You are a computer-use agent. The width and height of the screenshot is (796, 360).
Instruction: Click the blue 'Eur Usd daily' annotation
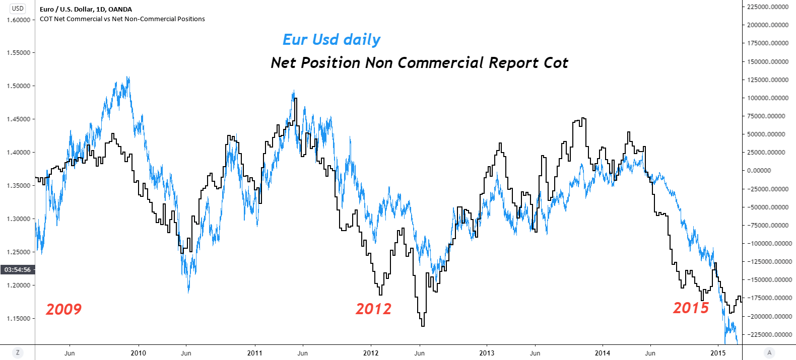pos(331,40)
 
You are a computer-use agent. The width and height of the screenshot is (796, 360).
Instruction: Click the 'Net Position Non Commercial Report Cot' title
pos(419,63)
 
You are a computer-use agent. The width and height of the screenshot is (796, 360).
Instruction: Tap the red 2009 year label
pos(63,309)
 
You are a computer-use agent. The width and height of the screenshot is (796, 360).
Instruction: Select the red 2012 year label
pos(373,309)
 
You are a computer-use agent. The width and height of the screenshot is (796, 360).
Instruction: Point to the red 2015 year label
pos(691,308)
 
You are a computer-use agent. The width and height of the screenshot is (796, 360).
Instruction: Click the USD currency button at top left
pos(18,8)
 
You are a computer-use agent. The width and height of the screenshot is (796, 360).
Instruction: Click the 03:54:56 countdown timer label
pos(18,270)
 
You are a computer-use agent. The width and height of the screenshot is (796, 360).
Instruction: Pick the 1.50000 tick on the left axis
pos(18,86)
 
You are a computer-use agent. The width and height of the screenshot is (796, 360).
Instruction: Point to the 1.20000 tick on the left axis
pos(18,285)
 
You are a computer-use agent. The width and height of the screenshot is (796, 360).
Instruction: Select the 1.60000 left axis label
pos(18,20)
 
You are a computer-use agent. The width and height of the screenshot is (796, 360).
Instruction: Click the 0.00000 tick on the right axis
pos(759,171)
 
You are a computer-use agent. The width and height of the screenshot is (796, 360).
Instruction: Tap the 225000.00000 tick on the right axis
pos(768,7)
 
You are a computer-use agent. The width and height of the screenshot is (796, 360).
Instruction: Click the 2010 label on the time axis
pos(139,353)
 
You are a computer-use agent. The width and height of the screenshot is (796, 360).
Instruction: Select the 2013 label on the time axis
pos(487,353)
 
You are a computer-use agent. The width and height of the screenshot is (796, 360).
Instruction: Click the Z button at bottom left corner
pos(18,352)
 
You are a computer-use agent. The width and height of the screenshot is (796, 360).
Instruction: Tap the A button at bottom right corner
pos(769,352)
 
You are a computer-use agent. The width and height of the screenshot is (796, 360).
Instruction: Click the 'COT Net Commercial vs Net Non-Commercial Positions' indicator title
pos(122,19)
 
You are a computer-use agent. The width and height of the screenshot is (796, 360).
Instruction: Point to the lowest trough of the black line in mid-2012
pos(422,325)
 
